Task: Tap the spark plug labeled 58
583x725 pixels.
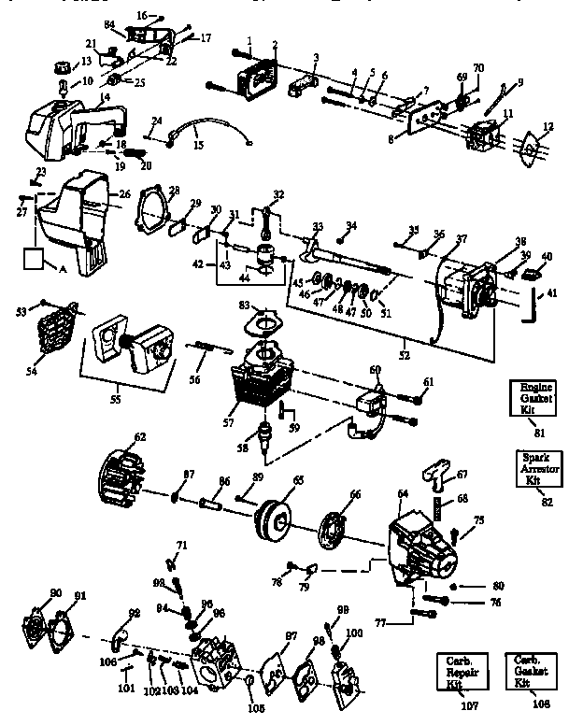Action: pyautogui.click(x=265, y=434)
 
